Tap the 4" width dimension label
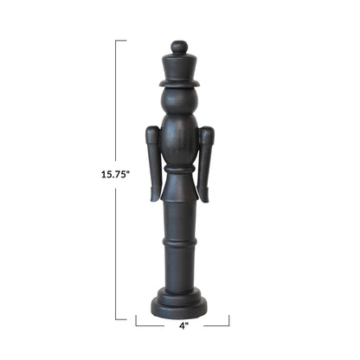coord(183,325)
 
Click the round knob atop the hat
coord(179,47)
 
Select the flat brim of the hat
coord(179,83)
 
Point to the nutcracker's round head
coord(179,100)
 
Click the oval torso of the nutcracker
coord(179,140)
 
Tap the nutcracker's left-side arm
coord(154,164)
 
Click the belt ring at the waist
coord(179,170)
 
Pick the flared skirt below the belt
coord(179,188)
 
